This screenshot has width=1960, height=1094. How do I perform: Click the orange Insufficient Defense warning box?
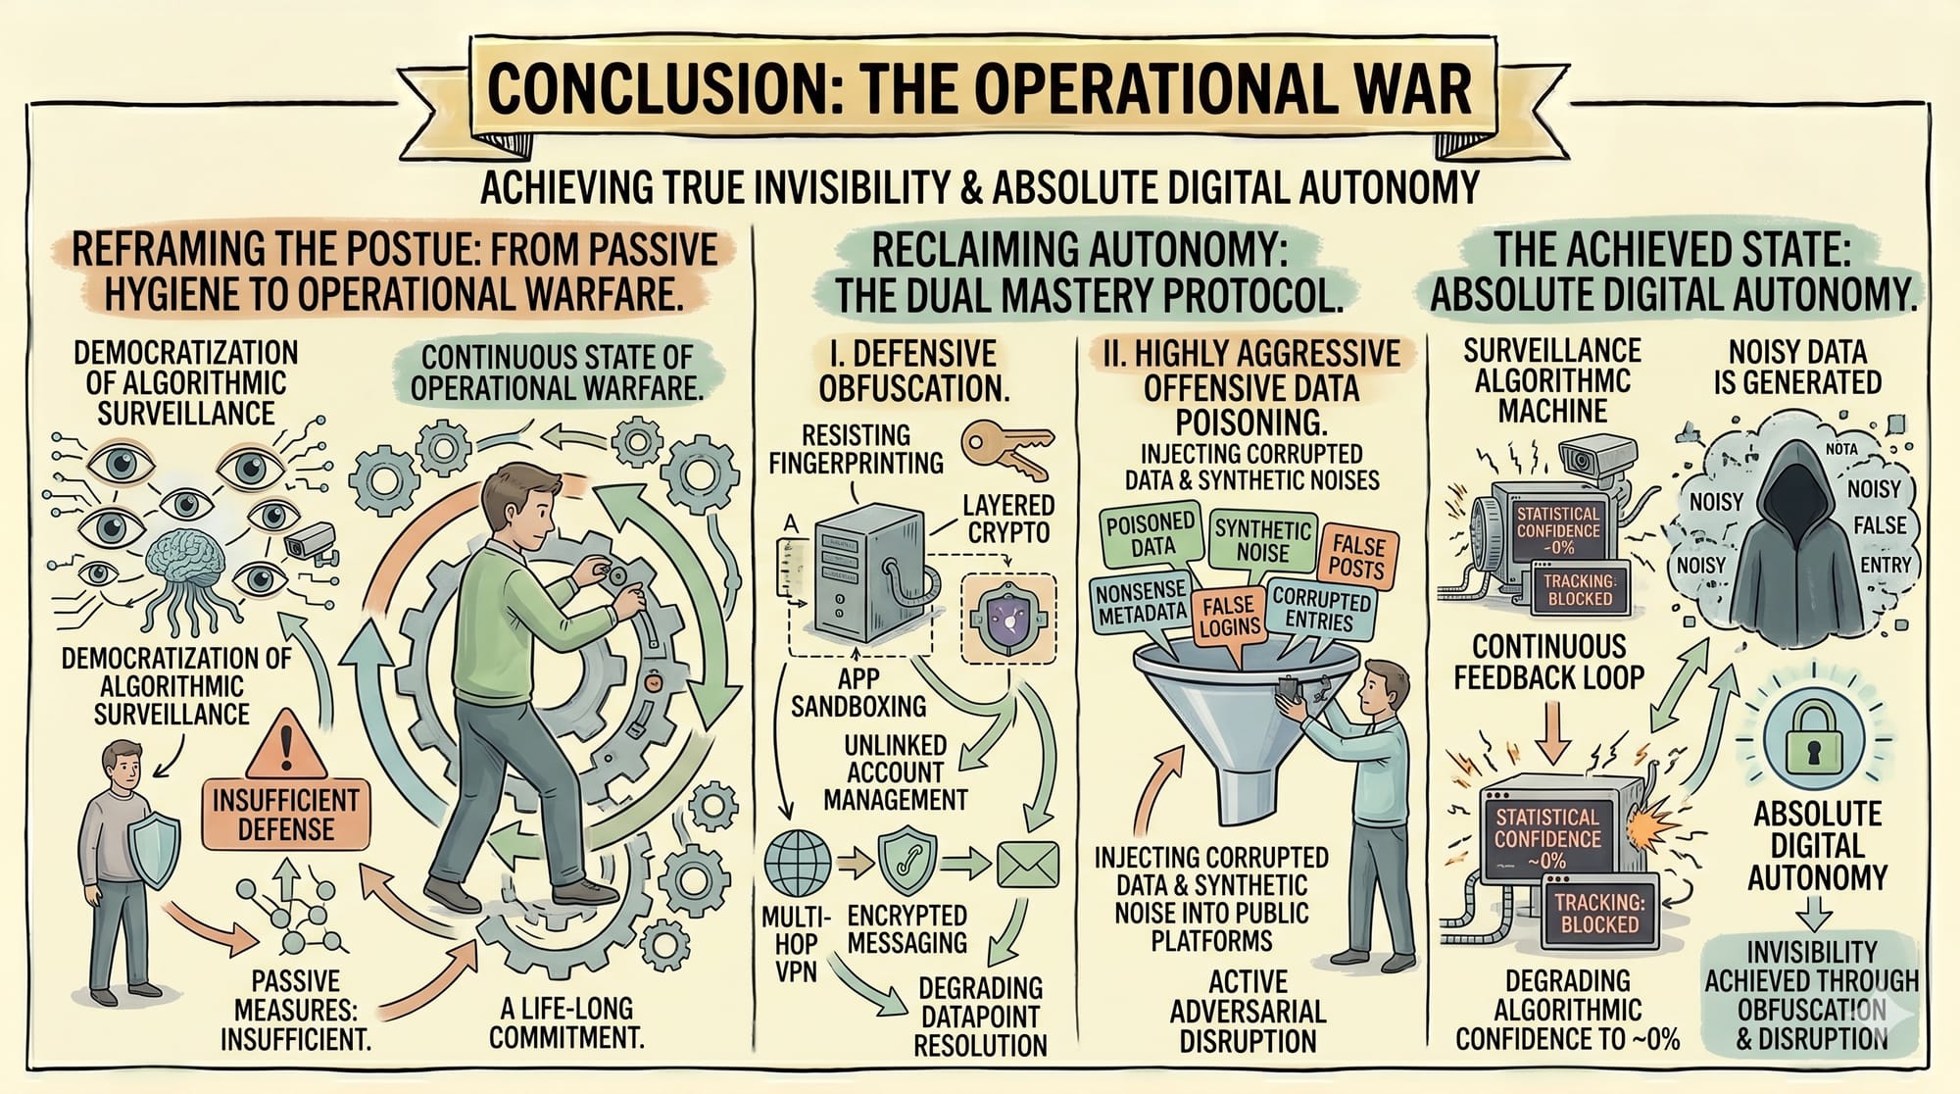click(x=285, y=814)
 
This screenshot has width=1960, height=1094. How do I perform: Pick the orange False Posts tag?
click(x=1357, y=556)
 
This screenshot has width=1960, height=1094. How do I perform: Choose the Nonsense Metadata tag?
click(x=1142, y=602)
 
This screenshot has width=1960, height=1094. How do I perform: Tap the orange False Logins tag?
click(x=1229, y=616)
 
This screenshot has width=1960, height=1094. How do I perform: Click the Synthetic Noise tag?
click(x=1262, y=540)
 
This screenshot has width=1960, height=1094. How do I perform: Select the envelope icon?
click(x=1027, y=864)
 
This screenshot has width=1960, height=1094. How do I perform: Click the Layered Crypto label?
click(x=1007, y=519)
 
